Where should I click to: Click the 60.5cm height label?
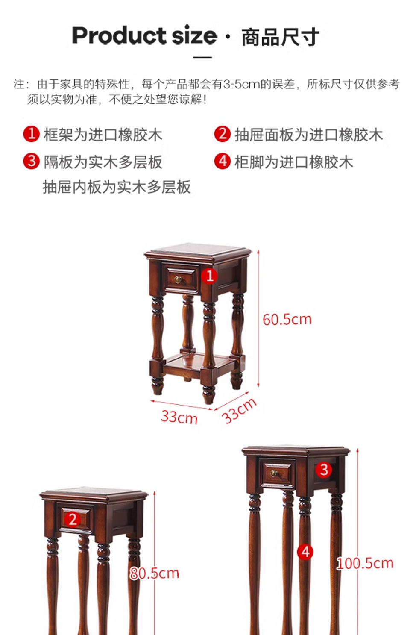(287, 320)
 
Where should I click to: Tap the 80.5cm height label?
(155, 573)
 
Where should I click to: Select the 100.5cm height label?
(365, 563)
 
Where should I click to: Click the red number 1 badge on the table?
(209, 276)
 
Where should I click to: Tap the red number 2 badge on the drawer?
(72, 519)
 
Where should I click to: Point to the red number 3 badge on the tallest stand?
(324, 470)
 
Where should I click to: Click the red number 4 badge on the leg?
(305, 552)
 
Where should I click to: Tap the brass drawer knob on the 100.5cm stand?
(273, 473)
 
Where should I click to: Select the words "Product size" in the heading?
(144, 35)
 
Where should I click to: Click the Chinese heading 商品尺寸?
(280, 37)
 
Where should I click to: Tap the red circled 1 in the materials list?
(31, 134)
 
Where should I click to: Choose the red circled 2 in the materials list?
(223, 134)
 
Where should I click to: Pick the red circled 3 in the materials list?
(31, 161)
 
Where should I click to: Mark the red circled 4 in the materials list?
(223, 161)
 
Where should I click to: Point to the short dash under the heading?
(202, 57)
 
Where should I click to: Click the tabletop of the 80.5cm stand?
(94, 494)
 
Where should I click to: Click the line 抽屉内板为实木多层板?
(117, 187)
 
